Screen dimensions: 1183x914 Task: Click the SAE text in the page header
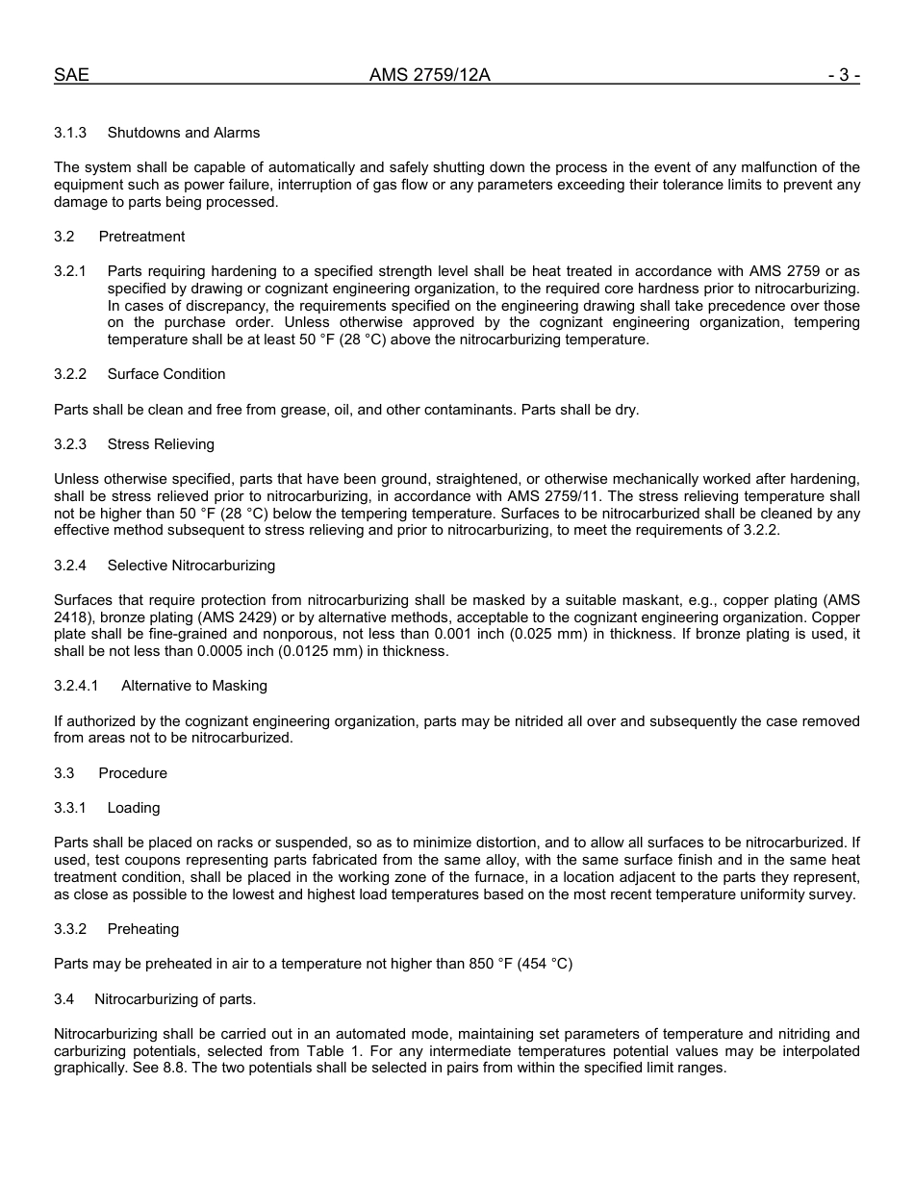(x=71, y=75)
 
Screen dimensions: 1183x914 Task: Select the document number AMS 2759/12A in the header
(x=429, y=75)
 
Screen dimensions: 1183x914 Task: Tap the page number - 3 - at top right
(x=843, y=75)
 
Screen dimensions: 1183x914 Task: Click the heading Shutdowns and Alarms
(x=183, y=132)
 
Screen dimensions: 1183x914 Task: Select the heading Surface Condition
(x=166, y=374)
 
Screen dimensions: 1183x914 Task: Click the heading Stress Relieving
(x=161, y=444)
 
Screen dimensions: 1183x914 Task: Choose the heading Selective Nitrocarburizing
(x=190, y=566)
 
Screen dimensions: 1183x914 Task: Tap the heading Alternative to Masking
(x=194, y=686)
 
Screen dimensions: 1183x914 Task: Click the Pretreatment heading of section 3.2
(x=141, y=237)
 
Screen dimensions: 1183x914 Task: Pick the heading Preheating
(x=143, y=929)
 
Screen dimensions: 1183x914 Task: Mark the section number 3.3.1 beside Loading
(x=70, y=808)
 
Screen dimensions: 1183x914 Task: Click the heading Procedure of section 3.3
(x=133, y=773)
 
